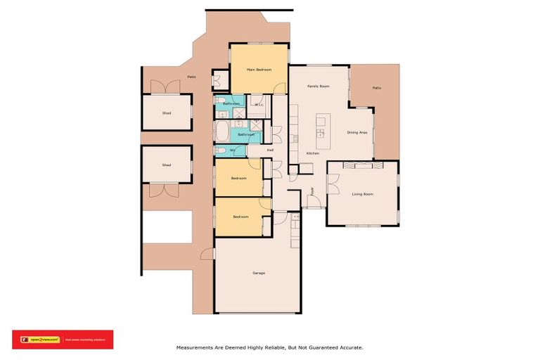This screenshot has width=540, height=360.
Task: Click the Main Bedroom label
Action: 258,70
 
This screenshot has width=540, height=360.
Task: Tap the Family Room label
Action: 319,86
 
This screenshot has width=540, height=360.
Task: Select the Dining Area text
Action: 357,132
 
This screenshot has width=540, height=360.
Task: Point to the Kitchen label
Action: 313,153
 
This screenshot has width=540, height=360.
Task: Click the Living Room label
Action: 362,194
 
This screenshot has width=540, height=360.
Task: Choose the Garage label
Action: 258,272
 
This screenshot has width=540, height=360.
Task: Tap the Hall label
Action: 270,150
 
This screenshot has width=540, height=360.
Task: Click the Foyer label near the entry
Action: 313,191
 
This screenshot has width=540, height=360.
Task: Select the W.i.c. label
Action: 259,105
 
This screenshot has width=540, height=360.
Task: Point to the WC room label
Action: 232,150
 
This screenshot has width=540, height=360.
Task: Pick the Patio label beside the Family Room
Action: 376,88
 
